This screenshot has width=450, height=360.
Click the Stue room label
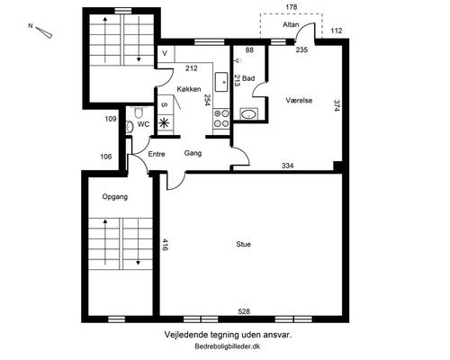(243, 244)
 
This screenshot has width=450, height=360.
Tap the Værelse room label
(299, 100)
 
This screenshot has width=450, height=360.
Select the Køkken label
(189, 89)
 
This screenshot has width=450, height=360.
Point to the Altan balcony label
(291, 24)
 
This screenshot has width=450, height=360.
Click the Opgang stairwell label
(115, 197)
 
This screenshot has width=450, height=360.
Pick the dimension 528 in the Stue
(244, 311)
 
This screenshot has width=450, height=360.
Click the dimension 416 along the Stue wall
(165, 245)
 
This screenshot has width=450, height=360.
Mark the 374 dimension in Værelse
(337, 105)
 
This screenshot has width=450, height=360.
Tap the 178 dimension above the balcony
(292, 7)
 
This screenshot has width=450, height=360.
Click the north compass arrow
(44, 32)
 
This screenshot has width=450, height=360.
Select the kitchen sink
(221, 82)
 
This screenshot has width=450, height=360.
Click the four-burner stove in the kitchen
(221, 119)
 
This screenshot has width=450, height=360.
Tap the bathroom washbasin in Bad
(248, 114)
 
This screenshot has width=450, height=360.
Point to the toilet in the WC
(139, 112)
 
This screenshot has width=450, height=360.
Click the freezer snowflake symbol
(164, 123)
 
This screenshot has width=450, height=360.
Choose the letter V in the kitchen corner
(165, 53)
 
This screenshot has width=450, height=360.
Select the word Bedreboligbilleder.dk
(228, 346)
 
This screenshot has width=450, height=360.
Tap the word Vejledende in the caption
(182, 335)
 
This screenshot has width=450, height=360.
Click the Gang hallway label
(193, 153)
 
